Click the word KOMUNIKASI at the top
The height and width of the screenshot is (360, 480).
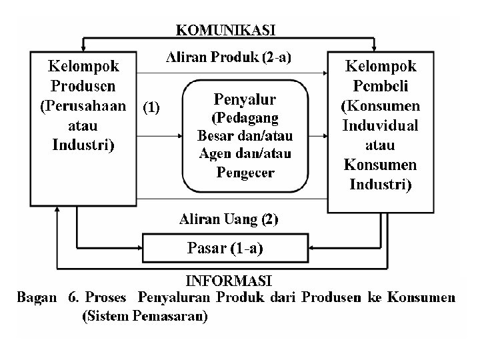tap(225, 30)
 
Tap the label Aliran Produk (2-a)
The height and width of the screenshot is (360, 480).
tap(227, 57)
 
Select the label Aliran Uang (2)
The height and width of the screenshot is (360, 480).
tap(229, 219)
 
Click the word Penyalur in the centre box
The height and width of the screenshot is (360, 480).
tap(245, 100)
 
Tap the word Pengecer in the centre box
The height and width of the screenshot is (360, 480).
tap(245, 173)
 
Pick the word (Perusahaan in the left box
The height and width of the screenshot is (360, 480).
tap(83, 107)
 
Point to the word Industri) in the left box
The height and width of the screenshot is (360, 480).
tap(83, 144)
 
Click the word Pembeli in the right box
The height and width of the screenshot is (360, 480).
tap(380, 86)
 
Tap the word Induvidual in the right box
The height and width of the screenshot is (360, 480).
tap(380, 125)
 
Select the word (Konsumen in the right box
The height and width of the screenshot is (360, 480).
tap(380, 106)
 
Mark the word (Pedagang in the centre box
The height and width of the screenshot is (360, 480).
tap(245, 119)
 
